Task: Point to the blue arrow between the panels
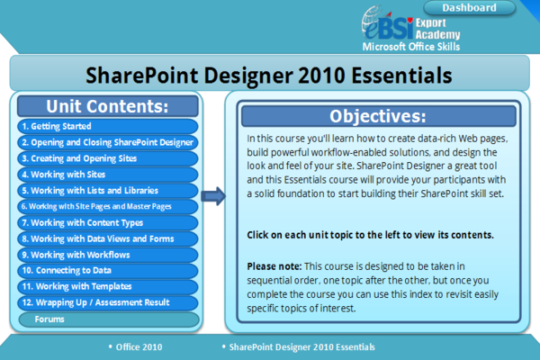tap(213, 196)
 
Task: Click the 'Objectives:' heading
tap(377, 116)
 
